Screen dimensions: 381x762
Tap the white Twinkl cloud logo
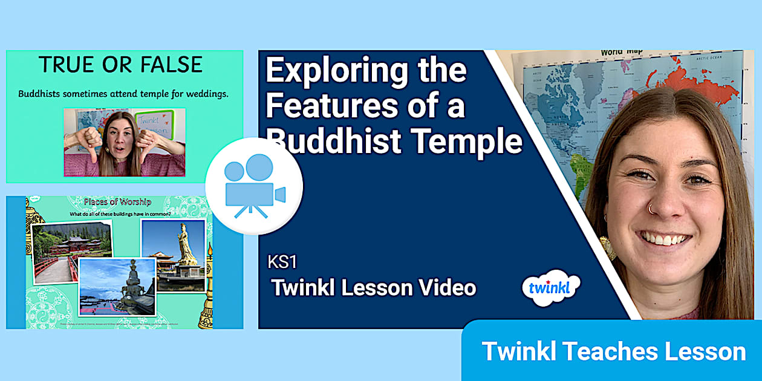[x=550, y=288]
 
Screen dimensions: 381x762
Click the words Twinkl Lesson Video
[x=373, y=288]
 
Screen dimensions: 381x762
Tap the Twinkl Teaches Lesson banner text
[x=613, y=351]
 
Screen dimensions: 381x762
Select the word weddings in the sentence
[x=200, y=94]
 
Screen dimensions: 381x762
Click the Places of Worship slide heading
[x=117, y=201]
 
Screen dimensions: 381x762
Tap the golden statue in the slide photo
[x=186, y=244]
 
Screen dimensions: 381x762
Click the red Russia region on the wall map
[x=695, y=82]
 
